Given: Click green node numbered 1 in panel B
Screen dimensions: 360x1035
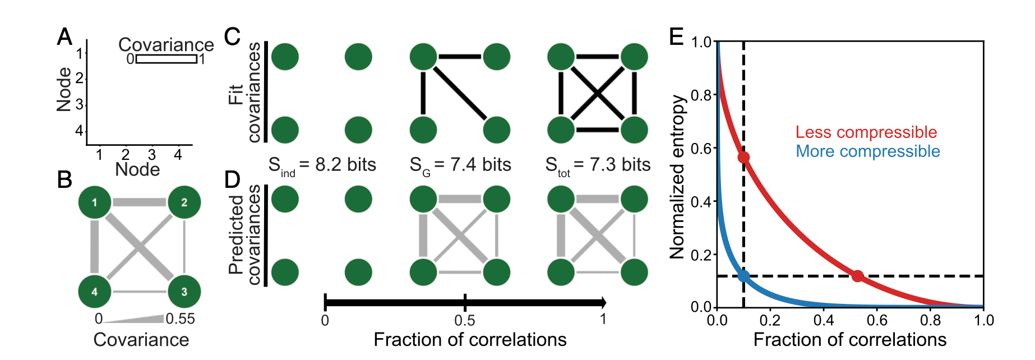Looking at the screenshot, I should tap(94, 202).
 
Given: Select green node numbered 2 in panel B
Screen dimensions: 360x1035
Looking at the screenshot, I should tap(184, 202).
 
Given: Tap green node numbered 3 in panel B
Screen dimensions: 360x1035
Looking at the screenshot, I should tap(184, 292).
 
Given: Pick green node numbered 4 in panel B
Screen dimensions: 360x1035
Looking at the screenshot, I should tap(94, 292).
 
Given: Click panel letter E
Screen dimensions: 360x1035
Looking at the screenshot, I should tap(677, 36).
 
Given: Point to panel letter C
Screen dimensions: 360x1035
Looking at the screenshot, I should tap(232, 37).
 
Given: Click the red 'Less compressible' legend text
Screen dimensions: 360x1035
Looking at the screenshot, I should tap(866, 132).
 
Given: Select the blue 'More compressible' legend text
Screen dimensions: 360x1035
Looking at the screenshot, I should tap(868, 151).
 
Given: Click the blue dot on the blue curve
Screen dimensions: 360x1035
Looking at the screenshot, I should tap(743, 275).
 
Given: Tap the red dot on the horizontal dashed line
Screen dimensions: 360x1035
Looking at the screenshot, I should tap(857, 275).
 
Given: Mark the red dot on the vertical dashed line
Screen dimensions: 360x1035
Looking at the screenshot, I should tap(743, 158).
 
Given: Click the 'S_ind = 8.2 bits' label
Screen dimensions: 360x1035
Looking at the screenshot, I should tap(322, 165).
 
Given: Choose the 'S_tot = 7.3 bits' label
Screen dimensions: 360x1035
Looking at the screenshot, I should tap(598, 165).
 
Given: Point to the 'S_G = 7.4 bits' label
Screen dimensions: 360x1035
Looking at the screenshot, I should tap(460, 165).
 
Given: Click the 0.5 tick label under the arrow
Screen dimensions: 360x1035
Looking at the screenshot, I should tap(465, 320).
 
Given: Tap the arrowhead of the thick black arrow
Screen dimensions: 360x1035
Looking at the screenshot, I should tap(603, 303).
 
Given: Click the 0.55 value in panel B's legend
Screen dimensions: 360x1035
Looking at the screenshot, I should tap(180, 319).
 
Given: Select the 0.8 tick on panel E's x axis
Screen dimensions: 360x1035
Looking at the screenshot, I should tap(931, 320).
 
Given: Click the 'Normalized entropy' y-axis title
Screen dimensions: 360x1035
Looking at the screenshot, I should tap(678, 177).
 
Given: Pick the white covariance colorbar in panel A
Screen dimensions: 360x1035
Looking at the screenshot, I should tap(166, 59).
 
